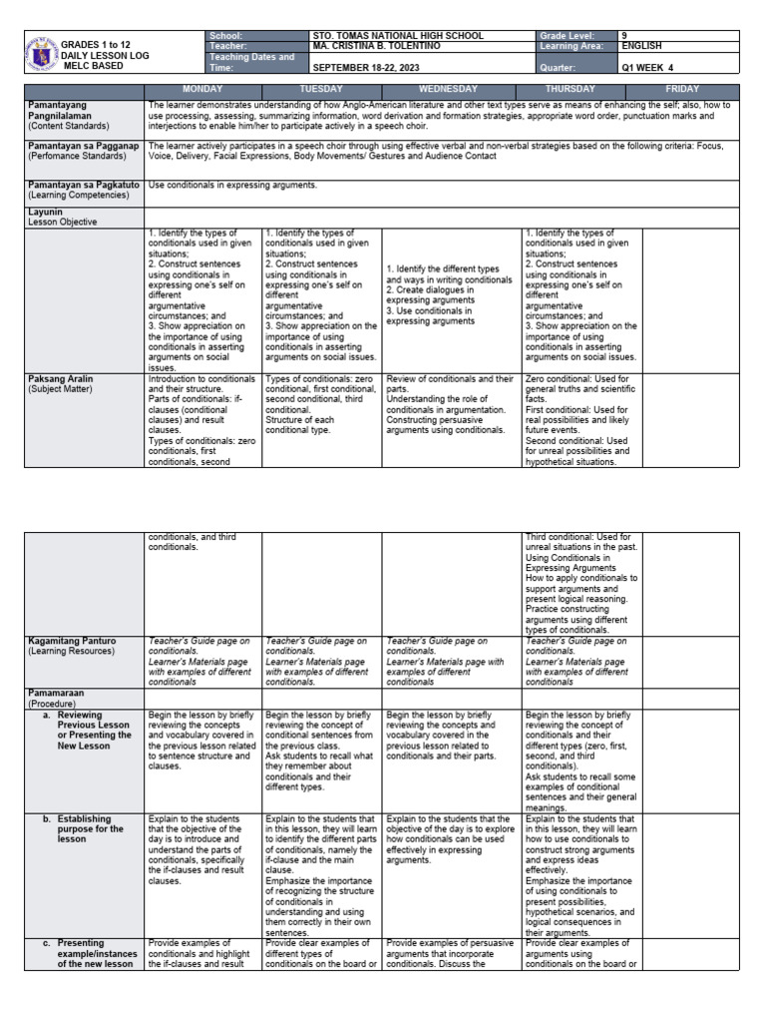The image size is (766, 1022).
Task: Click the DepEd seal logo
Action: click(x=41, y=52)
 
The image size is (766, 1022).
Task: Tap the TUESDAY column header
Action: click(x=321, y=89)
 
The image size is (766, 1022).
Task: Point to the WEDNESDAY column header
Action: click(x=453, y=89)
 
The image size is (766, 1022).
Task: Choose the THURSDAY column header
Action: click(x=581, y=89)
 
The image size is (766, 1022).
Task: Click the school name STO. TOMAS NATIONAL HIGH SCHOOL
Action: click(x=397, y=35)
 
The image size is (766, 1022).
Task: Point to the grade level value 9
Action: click(x=624, y=35)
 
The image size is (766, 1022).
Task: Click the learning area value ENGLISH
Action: click(x=641, y=46)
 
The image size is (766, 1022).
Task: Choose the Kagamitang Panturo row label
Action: click(x=73, y=641)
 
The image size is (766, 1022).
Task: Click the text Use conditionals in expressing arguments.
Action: click(x=232, y=186)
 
